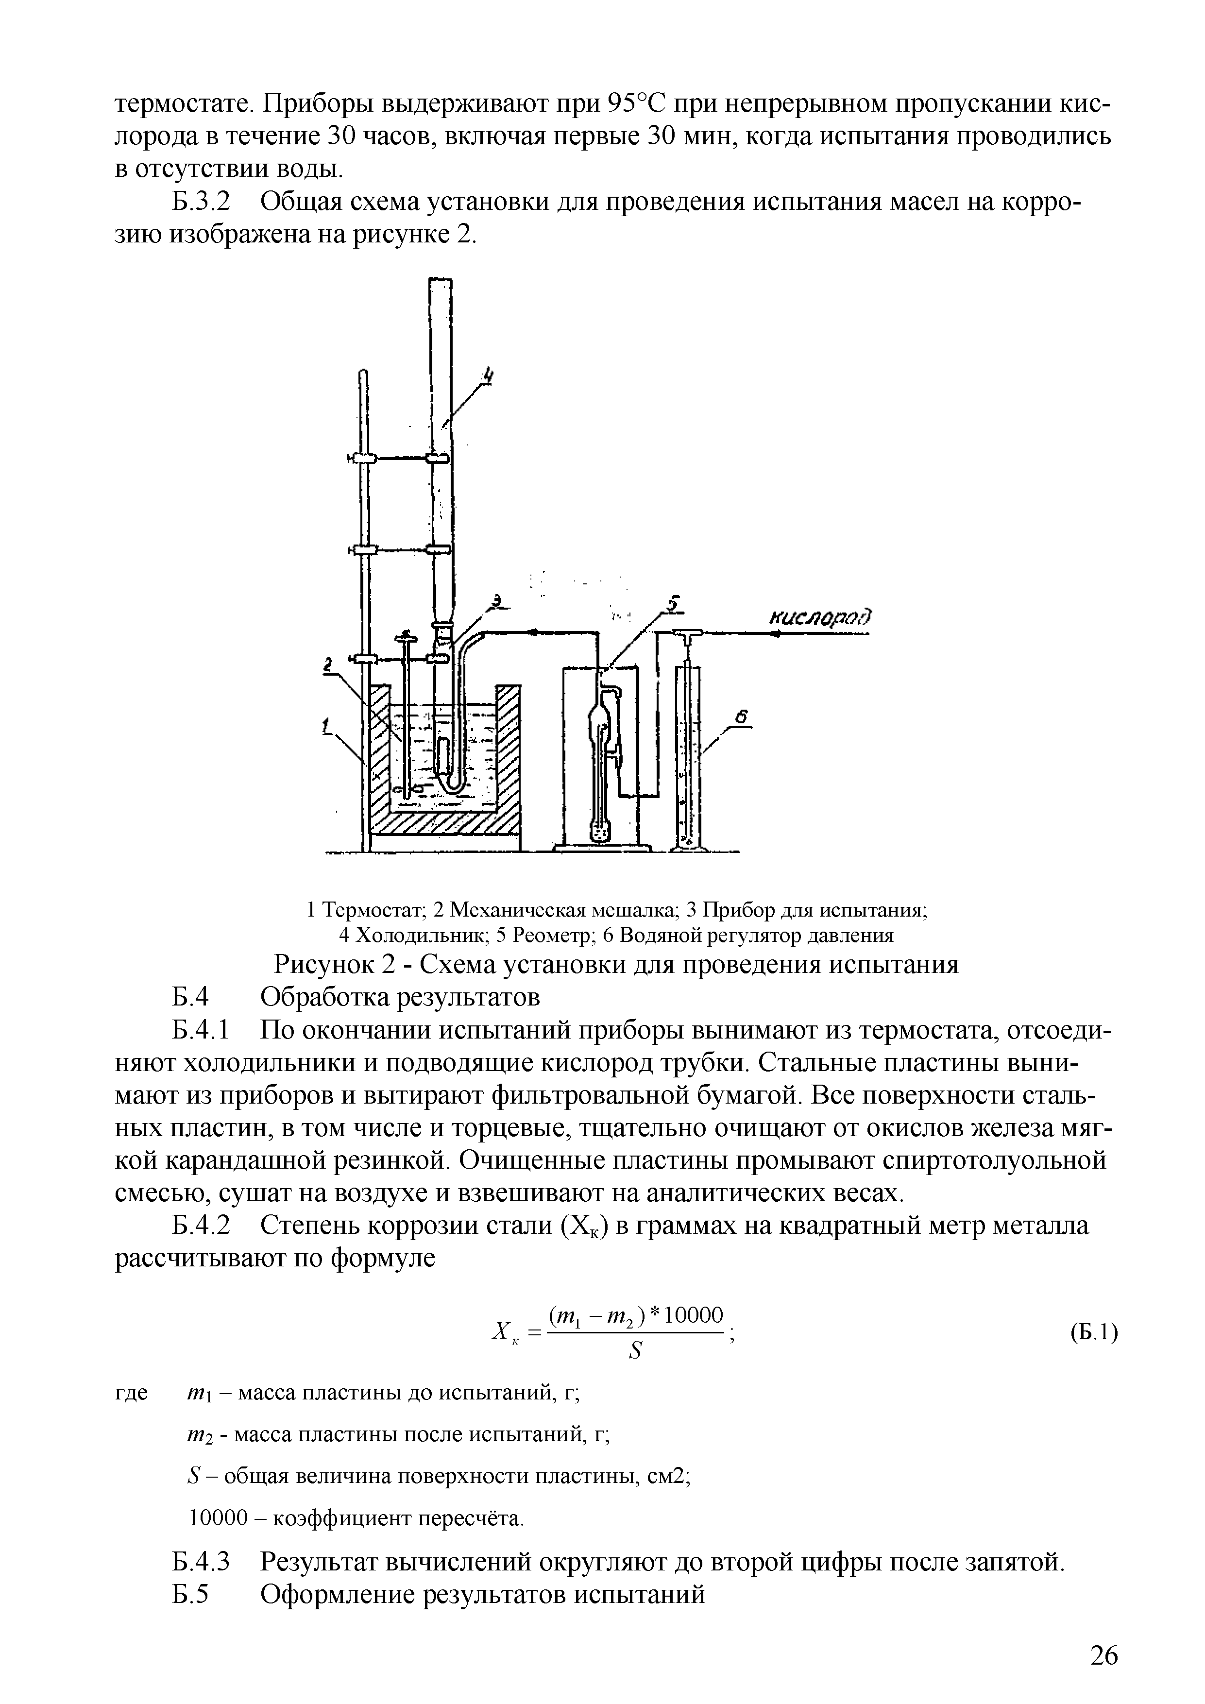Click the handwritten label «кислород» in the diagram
[x=820, y=617]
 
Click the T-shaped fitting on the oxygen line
[x=686, y=634]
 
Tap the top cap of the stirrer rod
[x=406, y=636]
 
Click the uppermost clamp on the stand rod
[x=364, y=460]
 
